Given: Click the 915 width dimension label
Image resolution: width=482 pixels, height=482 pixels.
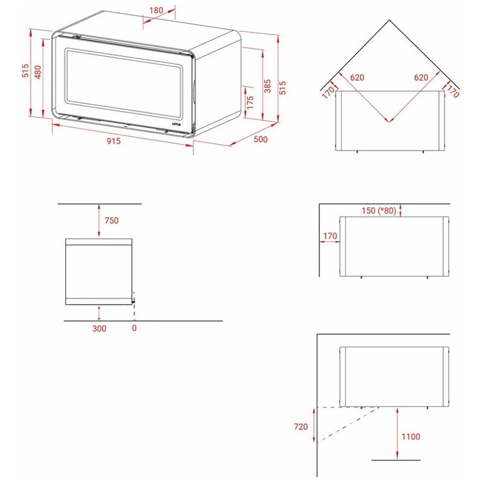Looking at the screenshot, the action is (114, 141).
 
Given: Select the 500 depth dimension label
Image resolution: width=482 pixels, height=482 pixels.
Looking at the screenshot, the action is (261, 139).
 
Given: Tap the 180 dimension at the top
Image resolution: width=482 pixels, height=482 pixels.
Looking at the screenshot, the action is (156, 10).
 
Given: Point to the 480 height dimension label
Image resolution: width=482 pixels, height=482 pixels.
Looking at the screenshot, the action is (38, 72).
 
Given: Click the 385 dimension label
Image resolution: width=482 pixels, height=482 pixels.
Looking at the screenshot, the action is (268, 86).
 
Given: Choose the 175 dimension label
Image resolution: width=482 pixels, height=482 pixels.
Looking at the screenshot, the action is (250, 102).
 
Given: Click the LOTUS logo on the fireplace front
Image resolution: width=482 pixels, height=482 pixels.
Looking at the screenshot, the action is (177, 124).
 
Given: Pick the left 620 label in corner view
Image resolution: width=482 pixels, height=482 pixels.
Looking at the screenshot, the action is (357, 78).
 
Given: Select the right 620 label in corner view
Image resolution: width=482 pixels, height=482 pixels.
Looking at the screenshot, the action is (421, 78).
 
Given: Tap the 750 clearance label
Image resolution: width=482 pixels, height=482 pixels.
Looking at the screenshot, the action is (111, 221).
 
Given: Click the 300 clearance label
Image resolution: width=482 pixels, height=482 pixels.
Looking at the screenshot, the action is (99, 328).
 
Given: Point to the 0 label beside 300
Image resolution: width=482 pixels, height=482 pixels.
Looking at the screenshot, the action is (134, 328).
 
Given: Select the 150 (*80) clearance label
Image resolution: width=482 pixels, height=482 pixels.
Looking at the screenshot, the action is (379, 210).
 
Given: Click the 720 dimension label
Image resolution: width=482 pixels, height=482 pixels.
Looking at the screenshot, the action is (301, 427).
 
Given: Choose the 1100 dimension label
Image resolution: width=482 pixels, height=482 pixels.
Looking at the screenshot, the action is (411, 436).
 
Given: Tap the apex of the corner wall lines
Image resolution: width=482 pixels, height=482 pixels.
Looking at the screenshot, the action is (389, 20).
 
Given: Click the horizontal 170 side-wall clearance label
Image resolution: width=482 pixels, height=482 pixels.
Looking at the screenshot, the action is (330, 236).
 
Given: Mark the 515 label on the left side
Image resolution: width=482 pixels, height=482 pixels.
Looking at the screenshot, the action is (25, 70).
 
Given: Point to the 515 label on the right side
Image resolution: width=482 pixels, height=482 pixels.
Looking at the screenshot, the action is (282, 88).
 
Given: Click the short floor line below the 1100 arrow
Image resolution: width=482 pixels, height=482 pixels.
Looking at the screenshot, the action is (396, 460).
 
